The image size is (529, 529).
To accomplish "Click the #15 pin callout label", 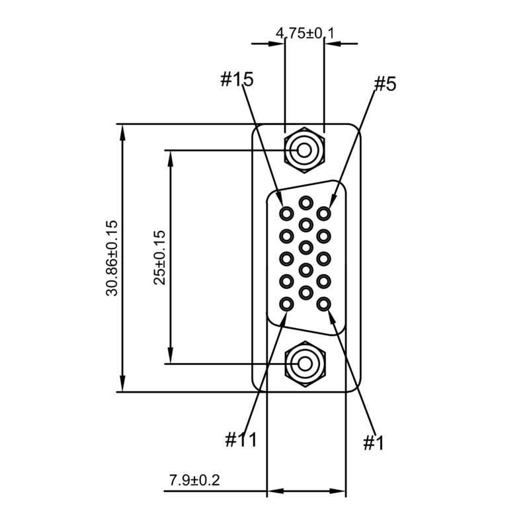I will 236,80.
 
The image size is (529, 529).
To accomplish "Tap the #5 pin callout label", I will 385,84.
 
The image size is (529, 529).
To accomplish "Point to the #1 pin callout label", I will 374,442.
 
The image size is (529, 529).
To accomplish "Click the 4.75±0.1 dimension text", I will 305,32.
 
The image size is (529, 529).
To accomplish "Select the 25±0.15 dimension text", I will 159,258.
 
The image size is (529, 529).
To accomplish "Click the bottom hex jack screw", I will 305,364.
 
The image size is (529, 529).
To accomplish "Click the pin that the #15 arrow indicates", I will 287,214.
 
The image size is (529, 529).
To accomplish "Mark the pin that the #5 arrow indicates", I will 323,214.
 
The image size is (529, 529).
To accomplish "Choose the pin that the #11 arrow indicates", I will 287,304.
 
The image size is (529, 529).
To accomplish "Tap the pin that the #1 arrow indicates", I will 323,304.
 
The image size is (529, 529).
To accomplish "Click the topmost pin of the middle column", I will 305,202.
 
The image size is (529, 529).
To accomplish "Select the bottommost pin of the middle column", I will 305,292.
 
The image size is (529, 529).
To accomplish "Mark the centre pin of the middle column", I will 305,247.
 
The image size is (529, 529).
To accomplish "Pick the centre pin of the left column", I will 287,258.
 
